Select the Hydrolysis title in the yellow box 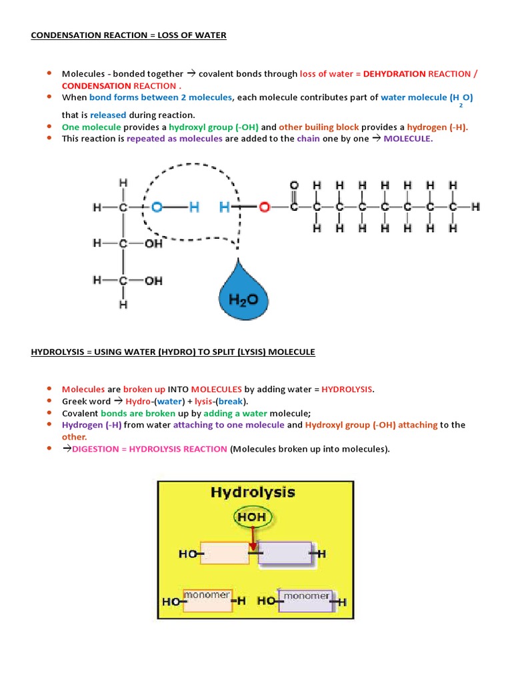pyautogui.click(x=253, y=493)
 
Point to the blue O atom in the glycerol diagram pyautogui.click(x=157, y=207)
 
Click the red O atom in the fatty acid pyautogui.click(x=264, y=207)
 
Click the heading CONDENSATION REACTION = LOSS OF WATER pyautogui.click(x=129, y=35)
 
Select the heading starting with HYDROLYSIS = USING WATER pyautogui.click(x=173, y=352)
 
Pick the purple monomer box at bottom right pyautogui.click(x=305, y=600)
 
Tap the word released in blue pyautogui.click(x=108, y=115)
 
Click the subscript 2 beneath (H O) pyautogui.click(x=461, y=105)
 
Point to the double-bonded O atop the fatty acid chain pyautogui.click(x=294, y=184)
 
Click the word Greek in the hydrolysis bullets pyautogui.click(x=75, y=401)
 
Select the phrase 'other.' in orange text pyautogui.click(x=75, y=437)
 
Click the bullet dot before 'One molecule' pyautogui.click(x=49, y=126)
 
